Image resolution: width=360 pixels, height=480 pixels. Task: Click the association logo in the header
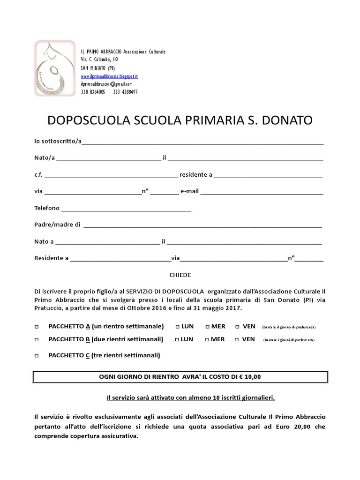(55, 68)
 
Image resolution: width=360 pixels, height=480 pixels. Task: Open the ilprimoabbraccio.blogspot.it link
(109, 76)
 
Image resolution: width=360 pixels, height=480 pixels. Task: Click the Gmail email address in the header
(106, 84)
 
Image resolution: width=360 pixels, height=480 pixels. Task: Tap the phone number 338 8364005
(93, 92)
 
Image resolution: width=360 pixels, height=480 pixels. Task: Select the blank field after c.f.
(111, 175)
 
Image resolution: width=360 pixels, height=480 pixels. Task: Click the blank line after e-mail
(262, 192)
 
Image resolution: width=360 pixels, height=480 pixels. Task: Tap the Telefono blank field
(126, 209)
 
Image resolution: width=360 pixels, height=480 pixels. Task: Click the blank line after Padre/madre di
(202, 225)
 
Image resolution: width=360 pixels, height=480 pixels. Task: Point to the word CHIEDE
(180, 275)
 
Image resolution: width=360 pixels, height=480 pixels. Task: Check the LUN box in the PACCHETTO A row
(177, 327)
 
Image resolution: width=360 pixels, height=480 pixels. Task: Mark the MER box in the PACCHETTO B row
(207, 340)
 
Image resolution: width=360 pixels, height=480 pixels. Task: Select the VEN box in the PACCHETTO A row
(238, 327)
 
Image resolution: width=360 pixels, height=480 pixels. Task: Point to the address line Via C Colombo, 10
(99, 60)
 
